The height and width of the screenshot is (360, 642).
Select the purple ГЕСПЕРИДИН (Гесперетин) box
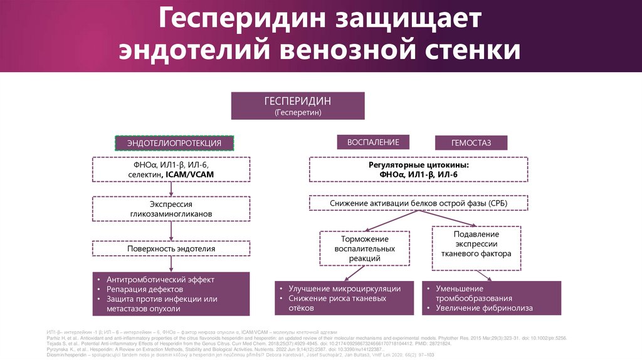click(x=298, y=106)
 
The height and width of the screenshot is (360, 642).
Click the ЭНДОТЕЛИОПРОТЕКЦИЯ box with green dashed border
click(x=174, y=143)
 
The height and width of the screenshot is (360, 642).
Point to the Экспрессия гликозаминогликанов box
click(x=171, y=209)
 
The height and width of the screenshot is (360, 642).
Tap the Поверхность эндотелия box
click(x=171, y=248)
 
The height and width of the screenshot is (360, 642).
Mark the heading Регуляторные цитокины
click(x=418, y=164)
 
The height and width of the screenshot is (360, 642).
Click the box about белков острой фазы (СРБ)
click(x=418, y=204)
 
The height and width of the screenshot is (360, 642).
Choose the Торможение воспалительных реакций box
click(x=365, y=248)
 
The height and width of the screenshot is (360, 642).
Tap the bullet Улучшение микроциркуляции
click(x=344, y=289)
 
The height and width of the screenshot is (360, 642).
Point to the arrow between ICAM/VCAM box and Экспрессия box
click(x=171, y=190)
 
